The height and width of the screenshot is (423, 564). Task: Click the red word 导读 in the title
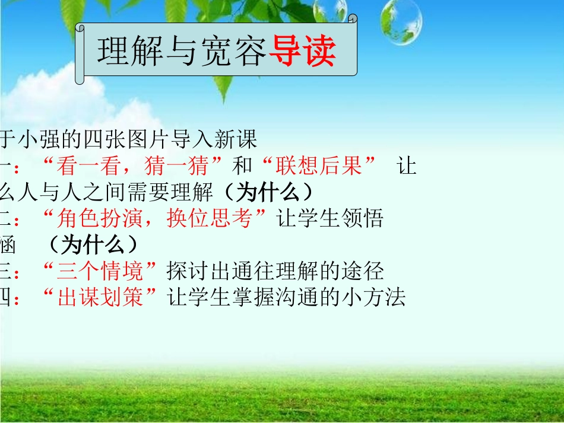(x=303, y=52)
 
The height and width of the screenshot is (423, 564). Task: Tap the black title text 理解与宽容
(x=182, y=52)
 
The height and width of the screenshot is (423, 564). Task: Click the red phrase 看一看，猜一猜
(x=134, y=166)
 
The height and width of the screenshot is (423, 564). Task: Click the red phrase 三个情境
(x=101, y=271)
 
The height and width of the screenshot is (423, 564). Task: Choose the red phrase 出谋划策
(x=101, y=297)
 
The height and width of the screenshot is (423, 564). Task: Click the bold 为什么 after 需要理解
(x=274, y=192)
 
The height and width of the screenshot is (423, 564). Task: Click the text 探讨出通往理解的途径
(x=275, y=271)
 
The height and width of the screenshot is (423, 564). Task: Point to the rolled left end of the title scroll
(x=80, y=52)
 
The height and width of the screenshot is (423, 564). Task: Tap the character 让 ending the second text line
(x=407, y=166)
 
